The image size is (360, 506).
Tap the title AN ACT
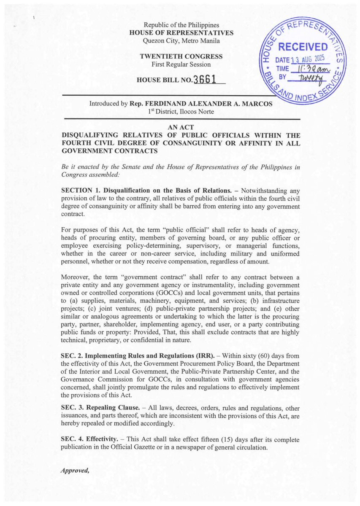[181, 127]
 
